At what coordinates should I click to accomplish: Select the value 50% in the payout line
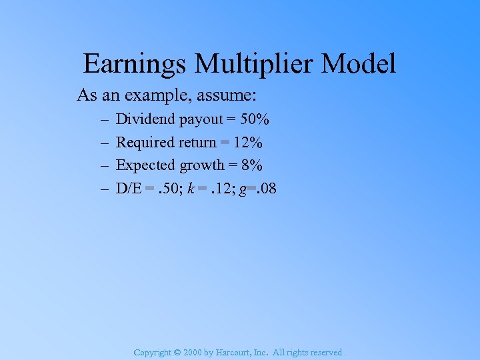tap(255, 119)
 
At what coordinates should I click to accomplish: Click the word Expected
tap(145, 165)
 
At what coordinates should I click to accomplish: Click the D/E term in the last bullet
tap(129, 188)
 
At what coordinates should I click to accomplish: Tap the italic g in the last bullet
tap(246, 189)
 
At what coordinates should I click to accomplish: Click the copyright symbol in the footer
tap(178, 352)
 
